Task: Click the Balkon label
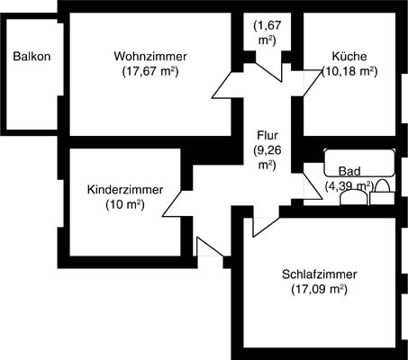pos(32,57)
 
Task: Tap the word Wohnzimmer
pos(150,56)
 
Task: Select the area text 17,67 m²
pos(150,72)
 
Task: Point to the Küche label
pos(349,57)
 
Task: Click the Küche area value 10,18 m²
pos(349,72)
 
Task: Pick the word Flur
pos(267,135)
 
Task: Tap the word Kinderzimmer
pos(125,190)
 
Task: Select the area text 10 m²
pos(125,205)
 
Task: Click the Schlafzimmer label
pos(320,274)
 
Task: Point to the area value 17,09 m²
pos(320,290)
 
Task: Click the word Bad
pos(349,171)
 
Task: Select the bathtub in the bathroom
pos(359,162)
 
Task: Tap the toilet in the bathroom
pos(382,193)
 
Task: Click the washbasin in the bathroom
pos(354,198)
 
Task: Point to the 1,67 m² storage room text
pos(267,32)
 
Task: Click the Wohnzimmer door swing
pos(222,85)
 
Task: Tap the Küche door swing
pos(313,83)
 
